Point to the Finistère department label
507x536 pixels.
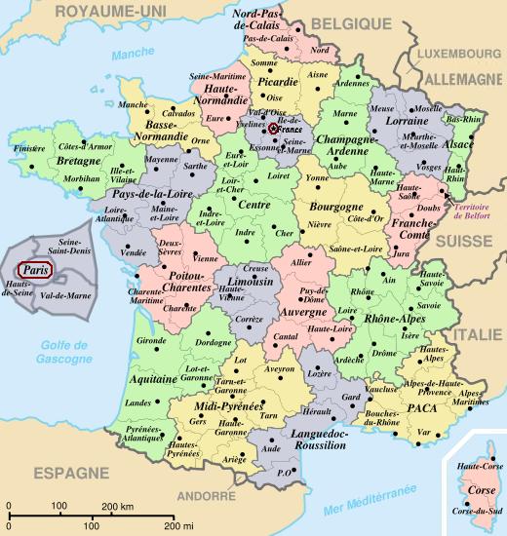tap(30, 149)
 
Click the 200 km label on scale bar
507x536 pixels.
tap(118, 507)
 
